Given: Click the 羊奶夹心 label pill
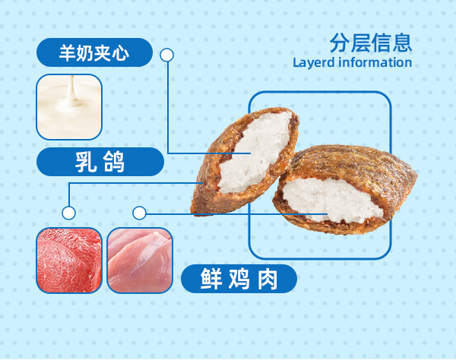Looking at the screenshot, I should click(94, 54).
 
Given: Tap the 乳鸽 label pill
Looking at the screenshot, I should click(100, 162).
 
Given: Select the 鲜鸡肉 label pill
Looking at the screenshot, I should click(239, 279).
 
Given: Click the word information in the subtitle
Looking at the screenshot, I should click(375, 62).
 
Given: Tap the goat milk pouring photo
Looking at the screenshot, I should click(68, 106).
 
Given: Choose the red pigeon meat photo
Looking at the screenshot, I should click(69, 260).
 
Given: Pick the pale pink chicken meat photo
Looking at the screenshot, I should click(140, 260).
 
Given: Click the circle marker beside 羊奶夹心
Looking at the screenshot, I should click(167, 55).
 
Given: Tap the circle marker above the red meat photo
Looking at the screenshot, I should click(69, 213).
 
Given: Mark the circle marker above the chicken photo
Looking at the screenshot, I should click(139, 213).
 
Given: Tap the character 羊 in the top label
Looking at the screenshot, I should click(67, 54).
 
